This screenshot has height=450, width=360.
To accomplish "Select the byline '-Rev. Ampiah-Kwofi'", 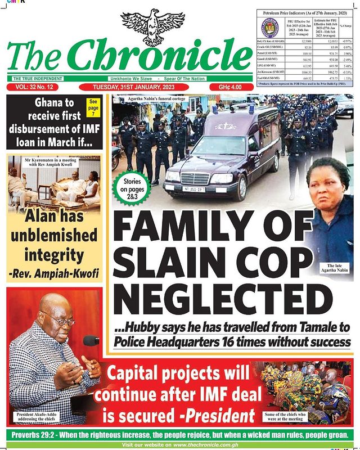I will [53, 273].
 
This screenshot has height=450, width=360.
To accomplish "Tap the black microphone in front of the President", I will [92, 340].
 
